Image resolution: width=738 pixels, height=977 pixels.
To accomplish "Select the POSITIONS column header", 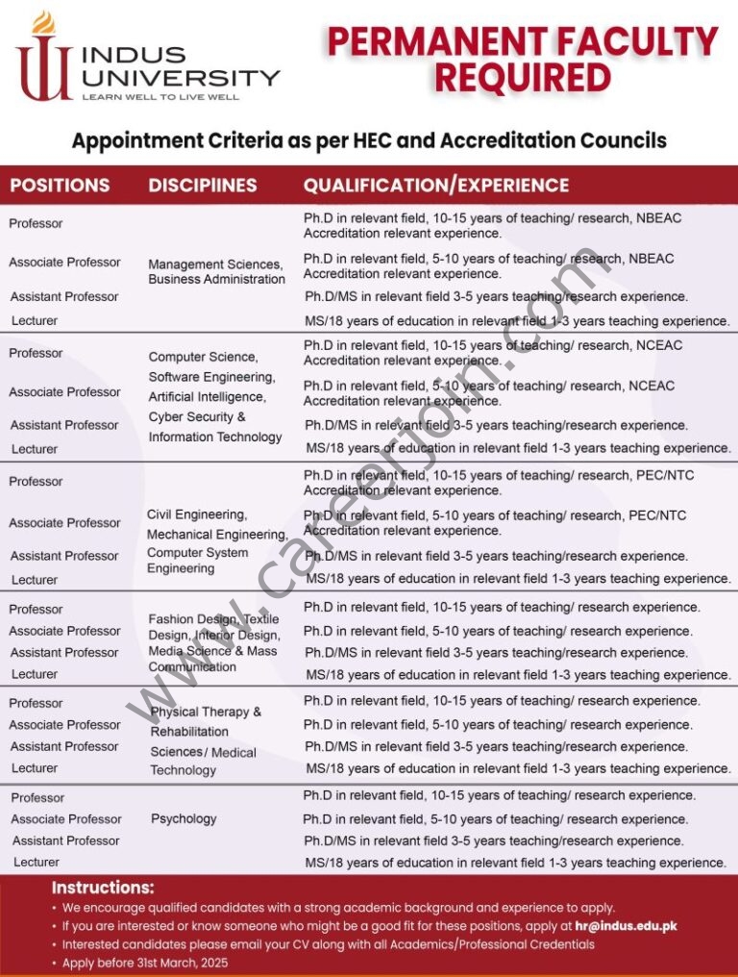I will (60, 186).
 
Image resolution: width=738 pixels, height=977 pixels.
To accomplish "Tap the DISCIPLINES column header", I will (203, 186).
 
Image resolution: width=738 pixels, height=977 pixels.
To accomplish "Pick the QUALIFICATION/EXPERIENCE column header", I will (436, 186).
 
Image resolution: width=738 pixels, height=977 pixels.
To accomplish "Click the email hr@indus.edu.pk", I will (623, 926).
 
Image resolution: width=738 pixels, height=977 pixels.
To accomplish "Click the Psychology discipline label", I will (184, 819).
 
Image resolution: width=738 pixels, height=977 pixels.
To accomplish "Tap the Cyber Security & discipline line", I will (197, 417).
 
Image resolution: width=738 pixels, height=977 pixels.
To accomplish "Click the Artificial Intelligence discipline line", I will (206, 397).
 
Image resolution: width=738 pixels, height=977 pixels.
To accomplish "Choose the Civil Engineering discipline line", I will (197, 514).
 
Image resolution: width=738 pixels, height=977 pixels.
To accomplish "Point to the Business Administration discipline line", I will (216, 280).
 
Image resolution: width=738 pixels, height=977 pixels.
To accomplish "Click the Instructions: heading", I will (103, 888).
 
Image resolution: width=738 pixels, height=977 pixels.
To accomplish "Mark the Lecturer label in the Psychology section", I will (37, 863).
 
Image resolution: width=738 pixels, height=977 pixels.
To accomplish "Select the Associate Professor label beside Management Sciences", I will (64, 263).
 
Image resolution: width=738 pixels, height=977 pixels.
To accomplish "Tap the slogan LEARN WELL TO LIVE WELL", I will (160, 97).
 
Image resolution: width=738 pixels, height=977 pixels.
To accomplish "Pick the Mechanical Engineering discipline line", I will (217, 535).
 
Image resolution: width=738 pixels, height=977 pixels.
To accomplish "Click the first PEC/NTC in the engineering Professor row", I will (661, 476).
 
